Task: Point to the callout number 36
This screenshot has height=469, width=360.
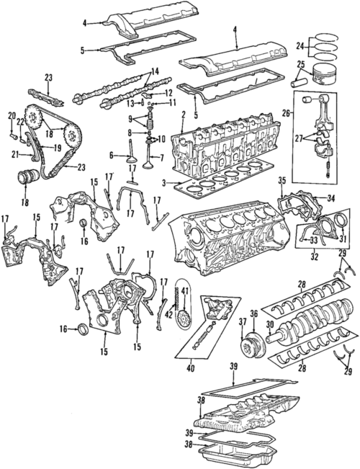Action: pyautogui.click(x=253, y=314)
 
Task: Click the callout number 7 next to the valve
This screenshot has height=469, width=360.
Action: pyautogui.click(x=161, y=158)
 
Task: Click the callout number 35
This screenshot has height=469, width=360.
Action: pyautogui.click(x=282, y=181)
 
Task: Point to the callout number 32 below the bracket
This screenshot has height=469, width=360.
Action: pyautogui.click(x=315, y=255)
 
